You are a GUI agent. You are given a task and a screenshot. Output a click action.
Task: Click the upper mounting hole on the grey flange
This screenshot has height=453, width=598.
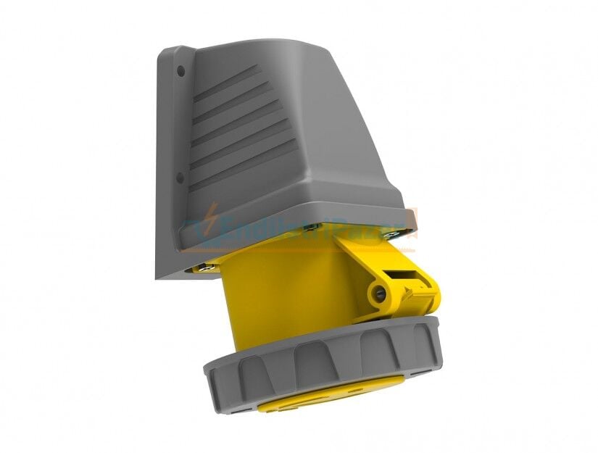pos(181,72)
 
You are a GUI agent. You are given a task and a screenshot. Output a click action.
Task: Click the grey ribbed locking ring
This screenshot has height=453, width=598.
pos(326,362)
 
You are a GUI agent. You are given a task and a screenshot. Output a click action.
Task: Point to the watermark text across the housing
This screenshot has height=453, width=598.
pos(304,221)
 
